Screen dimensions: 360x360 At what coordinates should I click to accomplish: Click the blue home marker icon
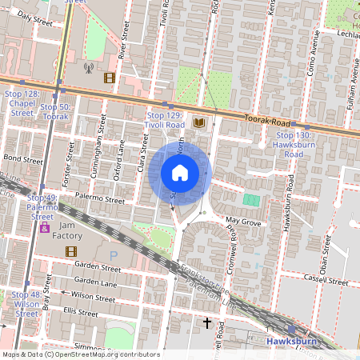point(180,173)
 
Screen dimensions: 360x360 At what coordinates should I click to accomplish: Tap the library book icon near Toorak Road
point(199,123)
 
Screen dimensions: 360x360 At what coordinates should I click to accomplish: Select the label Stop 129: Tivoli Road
point(166,121)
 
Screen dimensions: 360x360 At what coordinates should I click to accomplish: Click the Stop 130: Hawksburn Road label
point(293,145)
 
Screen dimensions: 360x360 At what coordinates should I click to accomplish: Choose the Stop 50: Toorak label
point(55,112)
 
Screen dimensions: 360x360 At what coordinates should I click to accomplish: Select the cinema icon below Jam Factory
point(70,251)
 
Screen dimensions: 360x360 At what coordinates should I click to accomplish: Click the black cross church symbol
point(206,323)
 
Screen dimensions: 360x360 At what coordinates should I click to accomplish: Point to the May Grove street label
point(244,220)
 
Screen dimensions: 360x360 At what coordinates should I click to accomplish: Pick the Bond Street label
point(22,159)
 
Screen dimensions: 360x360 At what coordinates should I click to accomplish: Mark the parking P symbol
point(113,255)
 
